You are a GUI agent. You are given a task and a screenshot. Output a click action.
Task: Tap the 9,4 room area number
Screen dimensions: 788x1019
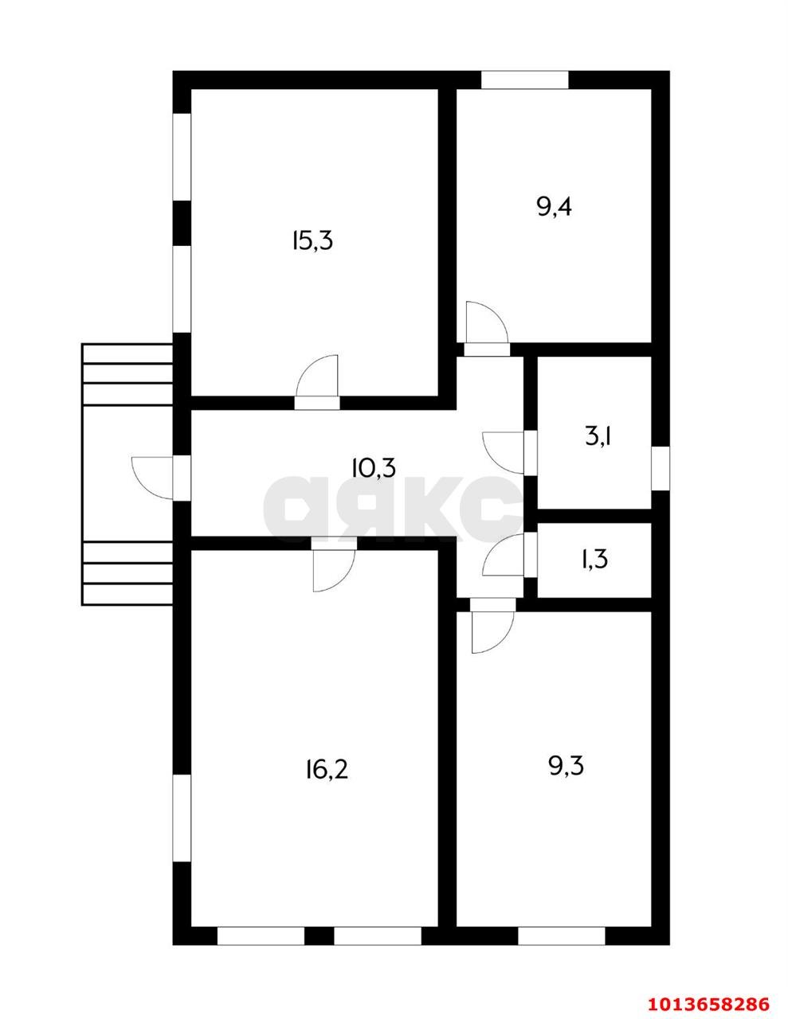[x=555, y=207]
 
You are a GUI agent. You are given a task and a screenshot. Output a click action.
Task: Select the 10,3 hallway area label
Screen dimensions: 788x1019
[x=374, y=467]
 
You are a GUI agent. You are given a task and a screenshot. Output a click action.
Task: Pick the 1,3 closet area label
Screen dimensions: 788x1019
[x=594, y=559]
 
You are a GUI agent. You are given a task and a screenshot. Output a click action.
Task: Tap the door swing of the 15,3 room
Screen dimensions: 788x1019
[x=317, y=377]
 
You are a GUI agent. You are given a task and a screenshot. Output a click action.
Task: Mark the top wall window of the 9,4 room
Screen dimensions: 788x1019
[x=525, y=80]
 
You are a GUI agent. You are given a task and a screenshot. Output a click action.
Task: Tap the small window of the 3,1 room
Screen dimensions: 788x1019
[x=661, y=468]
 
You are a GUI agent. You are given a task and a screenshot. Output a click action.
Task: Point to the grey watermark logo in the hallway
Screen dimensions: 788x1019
[x=394, y=509]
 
